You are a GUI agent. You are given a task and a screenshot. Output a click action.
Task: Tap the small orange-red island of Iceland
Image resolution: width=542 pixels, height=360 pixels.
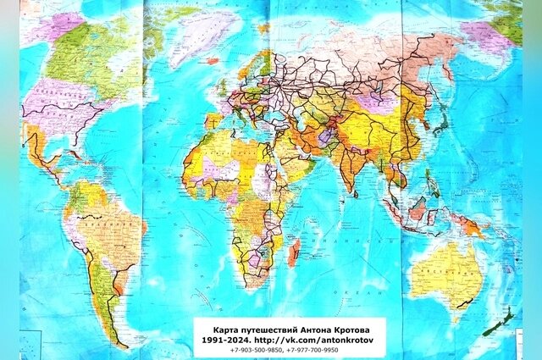tap(211, 60)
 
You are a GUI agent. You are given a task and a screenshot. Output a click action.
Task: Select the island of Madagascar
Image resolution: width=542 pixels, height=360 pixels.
tap(293, 252)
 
